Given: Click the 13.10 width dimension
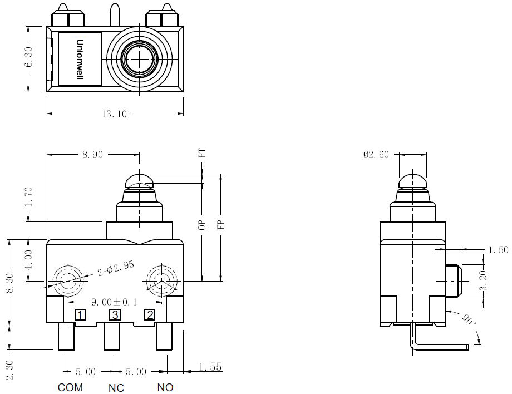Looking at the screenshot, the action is [x=114, y=114].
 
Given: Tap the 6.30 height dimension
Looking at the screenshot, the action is [x=29, y=57].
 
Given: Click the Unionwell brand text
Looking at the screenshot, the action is [x=80, y=59].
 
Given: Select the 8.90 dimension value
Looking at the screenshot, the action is [x=92, y=154].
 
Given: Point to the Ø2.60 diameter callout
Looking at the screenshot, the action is [x=376, y=154].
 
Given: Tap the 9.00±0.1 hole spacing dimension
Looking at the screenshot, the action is [x=114, y=302].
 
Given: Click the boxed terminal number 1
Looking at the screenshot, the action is [x=80, y=315].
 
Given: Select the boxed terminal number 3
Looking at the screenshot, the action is [x=115, y=315].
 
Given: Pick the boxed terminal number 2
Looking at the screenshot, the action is [x=150, y=315].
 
